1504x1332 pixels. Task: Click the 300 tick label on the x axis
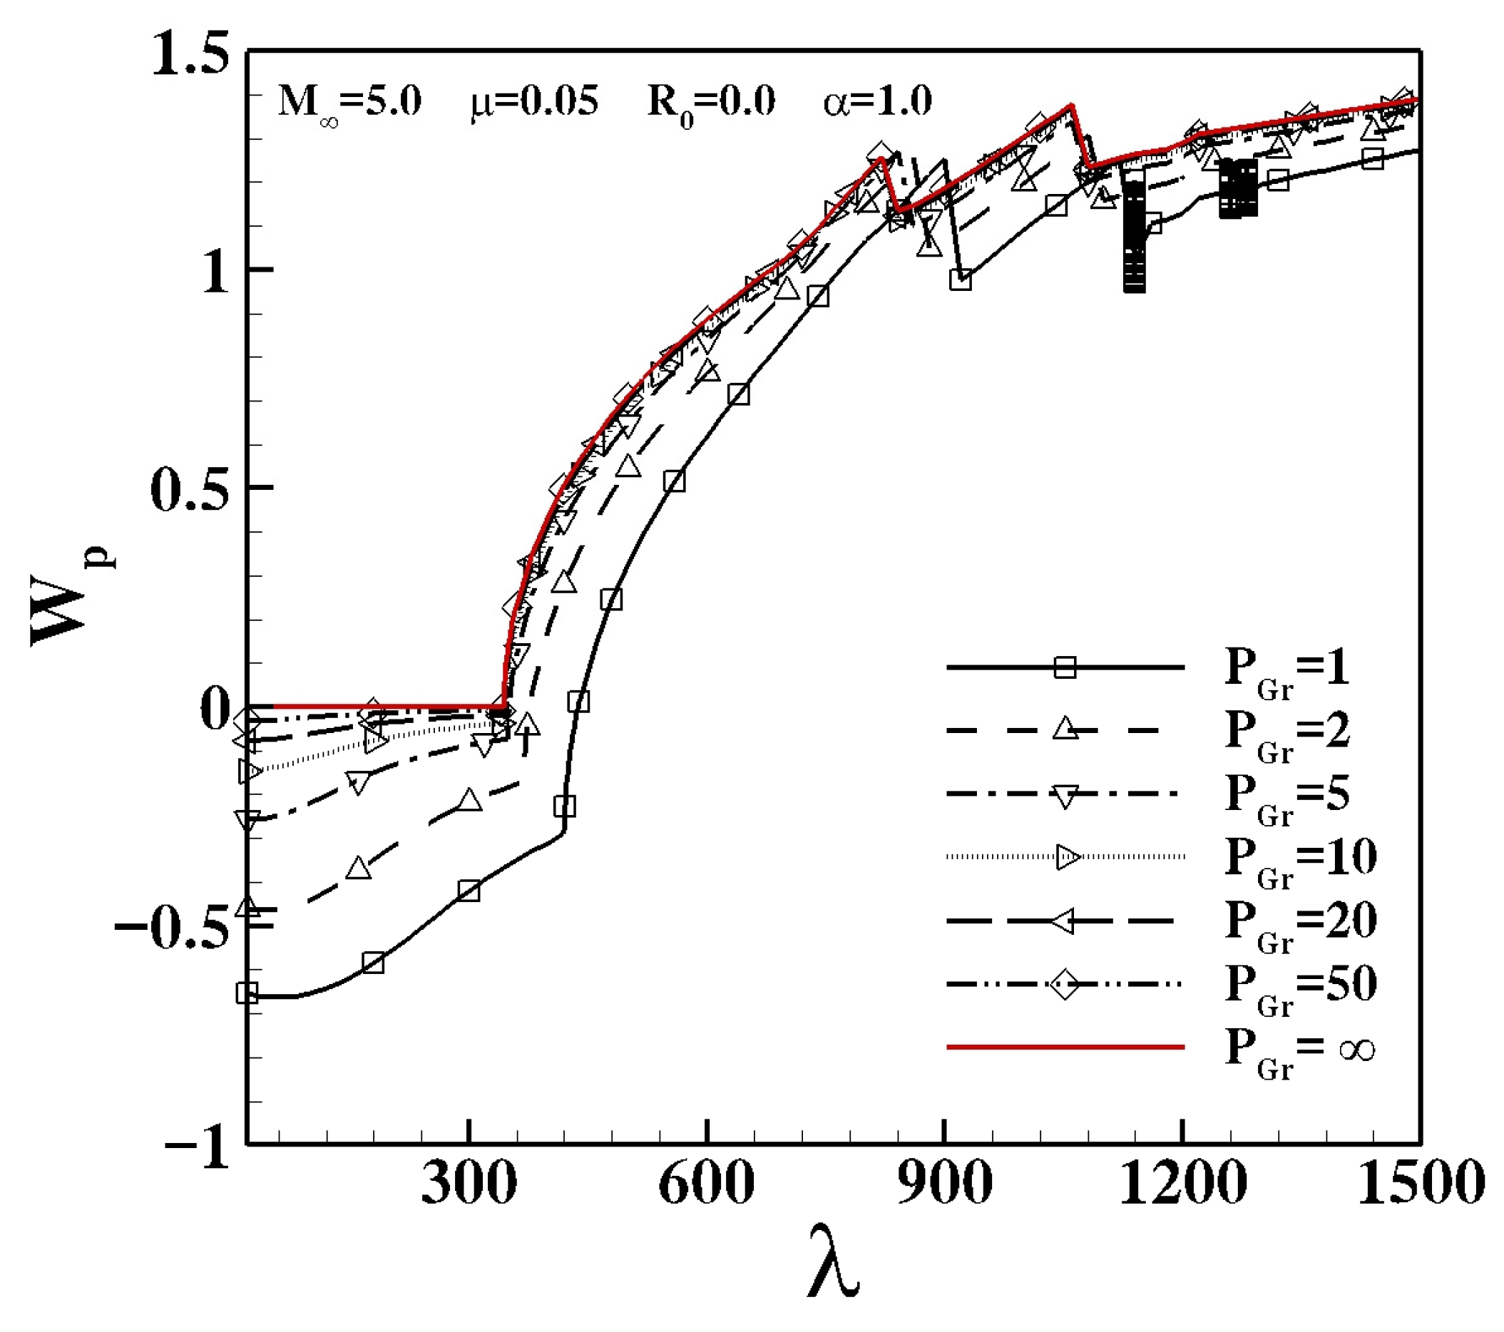(469, 1184)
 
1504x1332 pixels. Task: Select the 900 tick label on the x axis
(944, 1184)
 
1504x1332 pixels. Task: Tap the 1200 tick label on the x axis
(1182, 1184)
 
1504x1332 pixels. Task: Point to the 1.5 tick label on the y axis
(190, 54)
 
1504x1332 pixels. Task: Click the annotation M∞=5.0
(349, 103)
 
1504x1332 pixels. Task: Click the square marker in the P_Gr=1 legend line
(1065, 667)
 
